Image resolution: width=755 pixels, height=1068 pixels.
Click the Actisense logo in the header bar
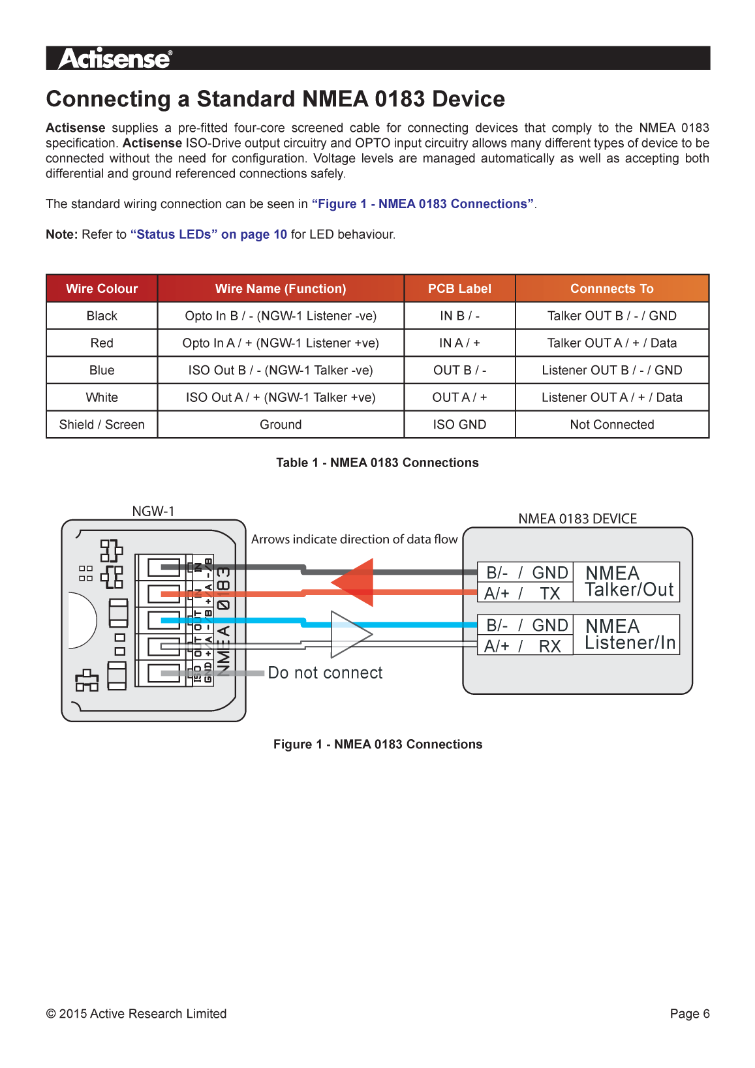(x=116, y=59)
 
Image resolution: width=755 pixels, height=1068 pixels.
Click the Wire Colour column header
(x=102, y=288)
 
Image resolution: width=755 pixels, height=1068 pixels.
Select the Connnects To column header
(x=611, y=288)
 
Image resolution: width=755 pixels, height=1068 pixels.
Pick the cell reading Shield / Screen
(x=102, y=425)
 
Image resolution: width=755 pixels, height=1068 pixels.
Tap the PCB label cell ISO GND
(x=459, y=425)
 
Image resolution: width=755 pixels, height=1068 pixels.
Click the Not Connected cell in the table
(x=611, y=425)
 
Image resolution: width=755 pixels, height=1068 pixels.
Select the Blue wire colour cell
(x=102, y=371)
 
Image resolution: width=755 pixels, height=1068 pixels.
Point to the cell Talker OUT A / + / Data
(x=611, y=343)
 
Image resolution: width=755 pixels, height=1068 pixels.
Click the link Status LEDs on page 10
(x=209, y=234)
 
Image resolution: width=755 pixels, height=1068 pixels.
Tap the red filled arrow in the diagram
(x=356, y=582)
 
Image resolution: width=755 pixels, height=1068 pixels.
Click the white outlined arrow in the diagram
(x=349, y=634)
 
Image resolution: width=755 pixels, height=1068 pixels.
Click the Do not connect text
(x=325, y=673)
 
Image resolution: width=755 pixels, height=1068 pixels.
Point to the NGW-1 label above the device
(x=153, y=511)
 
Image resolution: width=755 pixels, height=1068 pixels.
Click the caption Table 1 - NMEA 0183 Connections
(x=377, y=463)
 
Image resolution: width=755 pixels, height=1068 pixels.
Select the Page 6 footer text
(x=689, y=1013)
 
